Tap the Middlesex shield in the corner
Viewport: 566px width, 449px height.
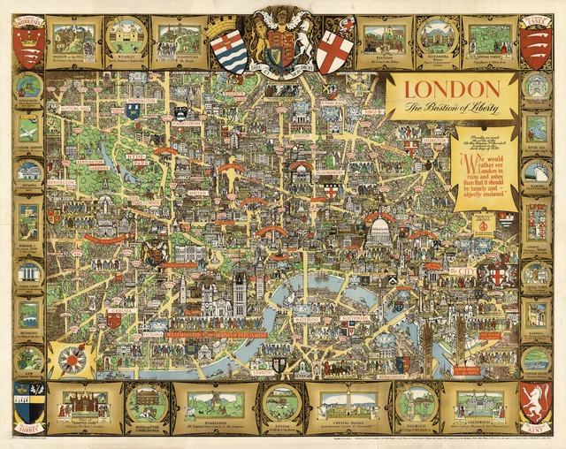click(x=28, y=45)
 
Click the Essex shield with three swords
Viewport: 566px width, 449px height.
click(x=535, y=45)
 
